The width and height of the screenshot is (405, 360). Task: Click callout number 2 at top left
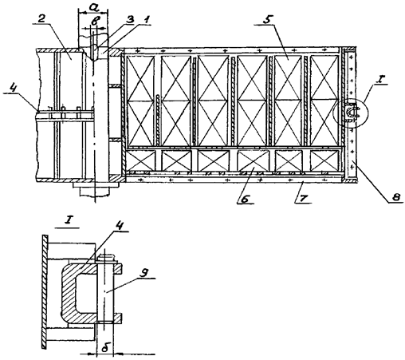[41, 19]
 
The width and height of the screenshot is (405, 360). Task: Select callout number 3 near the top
[130, 19]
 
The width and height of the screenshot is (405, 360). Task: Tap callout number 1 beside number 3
[146, 20]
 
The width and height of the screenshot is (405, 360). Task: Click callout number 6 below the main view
[246, 199]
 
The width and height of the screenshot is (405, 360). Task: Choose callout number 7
[304, 198]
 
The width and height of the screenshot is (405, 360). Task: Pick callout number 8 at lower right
[396, 197]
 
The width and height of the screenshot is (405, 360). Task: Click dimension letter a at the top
[93, 8]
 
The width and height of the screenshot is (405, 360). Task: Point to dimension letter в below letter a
[93, 22]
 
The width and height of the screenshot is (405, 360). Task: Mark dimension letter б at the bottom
[105, 348]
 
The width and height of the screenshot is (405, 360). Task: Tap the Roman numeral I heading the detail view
[67, 221]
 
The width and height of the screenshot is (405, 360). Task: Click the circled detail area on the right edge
[351, 113]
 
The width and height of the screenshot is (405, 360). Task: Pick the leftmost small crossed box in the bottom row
[140, 160]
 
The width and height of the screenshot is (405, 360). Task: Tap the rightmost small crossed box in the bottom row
[324, 160]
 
